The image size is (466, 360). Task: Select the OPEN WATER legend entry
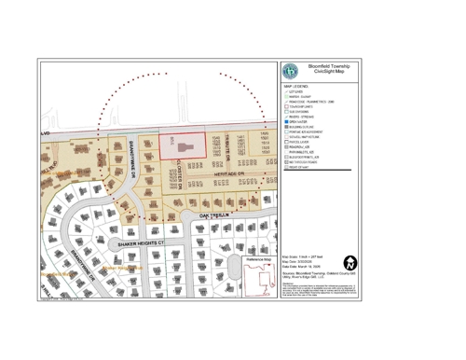coord(302,121)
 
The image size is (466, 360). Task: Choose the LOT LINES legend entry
coord(300,92)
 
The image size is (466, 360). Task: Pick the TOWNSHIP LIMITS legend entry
coord(303,106)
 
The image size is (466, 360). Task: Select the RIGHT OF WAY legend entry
coord(303,167)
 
